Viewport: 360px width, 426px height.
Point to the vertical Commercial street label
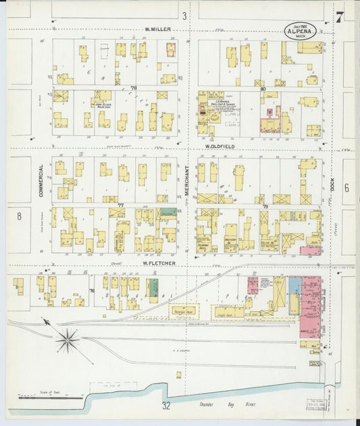click(41, 180)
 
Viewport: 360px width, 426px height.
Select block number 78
click(134, 88)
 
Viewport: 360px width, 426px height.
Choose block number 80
click(262, 88)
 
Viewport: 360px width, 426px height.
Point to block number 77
click(122, 205)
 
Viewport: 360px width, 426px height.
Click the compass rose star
click(68, 340)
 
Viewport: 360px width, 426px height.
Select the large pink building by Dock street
click(311, 307)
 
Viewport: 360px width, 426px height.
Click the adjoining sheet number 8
click(20, 216)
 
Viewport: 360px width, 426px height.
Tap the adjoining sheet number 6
click(346, 188)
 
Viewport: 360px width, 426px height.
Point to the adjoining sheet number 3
click(184, 16)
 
